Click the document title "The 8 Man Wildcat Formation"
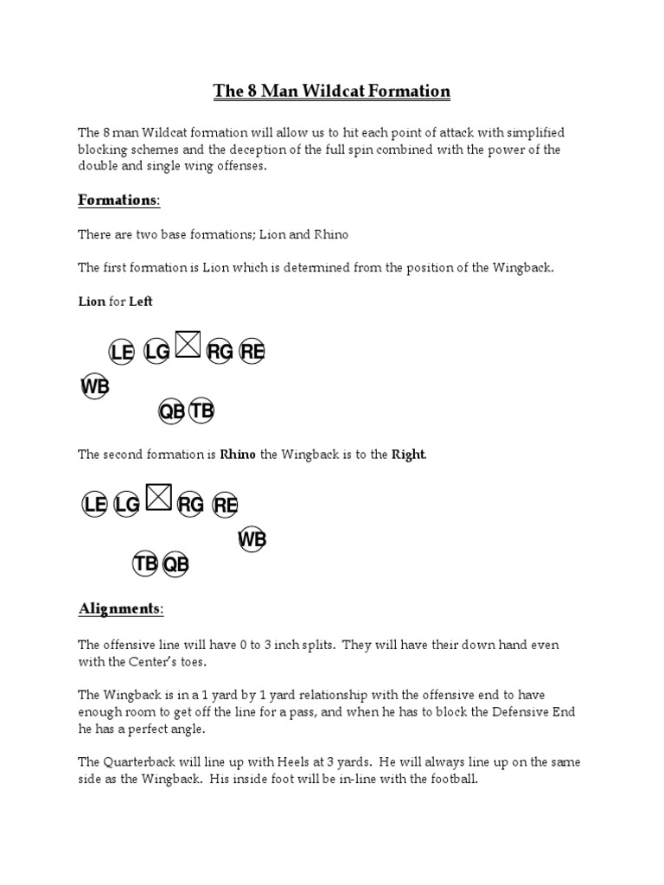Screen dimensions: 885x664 coord(331,91)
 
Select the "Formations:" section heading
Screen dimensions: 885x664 coord(118,200)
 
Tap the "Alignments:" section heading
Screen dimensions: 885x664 coord(120,608)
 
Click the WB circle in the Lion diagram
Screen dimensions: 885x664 coord(95,387)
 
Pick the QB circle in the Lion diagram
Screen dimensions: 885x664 coord(171,411)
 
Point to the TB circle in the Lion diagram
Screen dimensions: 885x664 coord(201,411)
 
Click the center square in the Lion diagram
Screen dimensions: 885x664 coord(188,346)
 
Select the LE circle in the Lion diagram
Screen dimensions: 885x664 coord(122,352)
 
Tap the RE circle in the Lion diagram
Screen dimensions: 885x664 coord(252,351)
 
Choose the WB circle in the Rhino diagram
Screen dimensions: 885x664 coord(252,540)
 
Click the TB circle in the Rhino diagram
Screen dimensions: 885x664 coord(145,564)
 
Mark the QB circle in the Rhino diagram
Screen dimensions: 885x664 coord(176,564)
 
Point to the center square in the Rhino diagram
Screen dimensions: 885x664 coord(158,498)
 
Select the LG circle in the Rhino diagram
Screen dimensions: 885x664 coord(126,505)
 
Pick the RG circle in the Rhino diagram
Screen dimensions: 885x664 coord(190,505)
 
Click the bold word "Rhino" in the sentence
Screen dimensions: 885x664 coord(238,455)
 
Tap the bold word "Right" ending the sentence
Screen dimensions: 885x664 coord(409,455)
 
